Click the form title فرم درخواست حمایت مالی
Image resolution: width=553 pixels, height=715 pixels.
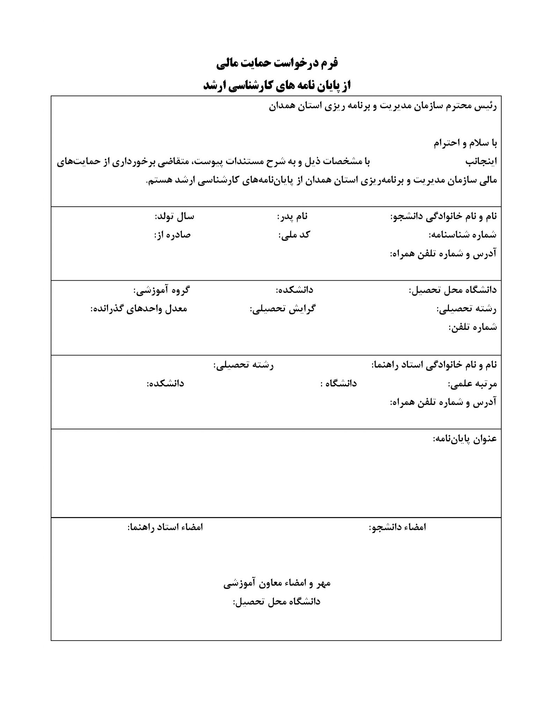[277, 63]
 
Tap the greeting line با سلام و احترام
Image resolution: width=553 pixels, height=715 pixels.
[465, 143]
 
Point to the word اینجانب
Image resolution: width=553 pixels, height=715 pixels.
[481, 162]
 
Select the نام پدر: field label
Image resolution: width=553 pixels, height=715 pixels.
[292, 217]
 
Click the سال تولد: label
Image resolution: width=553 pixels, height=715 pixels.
[174, 217]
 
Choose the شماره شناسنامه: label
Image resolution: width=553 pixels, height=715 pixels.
[463, 235]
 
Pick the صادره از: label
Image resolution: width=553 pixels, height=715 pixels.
[172, 235]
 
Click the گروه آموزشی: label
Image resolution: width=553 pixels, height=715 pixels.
[161, 290]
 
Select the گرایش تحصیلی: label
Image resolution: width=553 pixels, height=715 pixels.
[282, 309]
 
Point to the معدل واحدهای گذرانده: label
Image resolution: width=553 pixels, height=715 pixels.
[139, 309]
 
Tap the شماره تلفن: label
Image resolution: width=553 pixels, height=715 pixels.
[472, 327]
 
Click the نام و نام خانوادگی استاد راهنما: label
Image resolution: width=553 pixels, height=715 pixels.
[434, 365]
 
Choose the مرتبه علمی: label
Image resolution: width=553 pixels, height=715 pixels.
[472, 384]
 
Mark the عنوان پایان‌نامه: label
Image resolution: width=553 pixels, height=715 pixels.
[465, 439]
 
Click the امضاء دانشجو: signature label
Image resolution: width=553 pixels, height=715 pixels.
[397, 527]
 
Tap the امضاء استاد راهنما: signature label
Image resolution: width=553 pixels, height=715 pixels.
[165, 527]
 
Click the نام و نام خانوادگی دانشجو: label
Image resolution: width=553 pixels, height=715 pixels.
[443, 217]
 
